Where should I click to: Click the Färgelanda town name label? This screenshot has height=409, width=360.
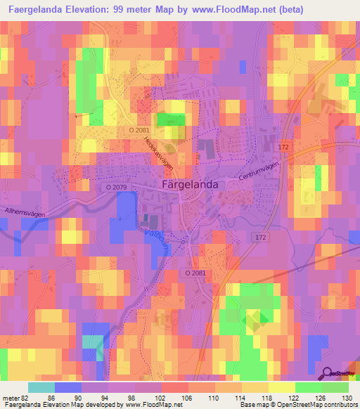[191, 183]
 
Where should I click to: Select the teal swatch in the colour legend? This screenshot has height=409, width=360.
[41, 387]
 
